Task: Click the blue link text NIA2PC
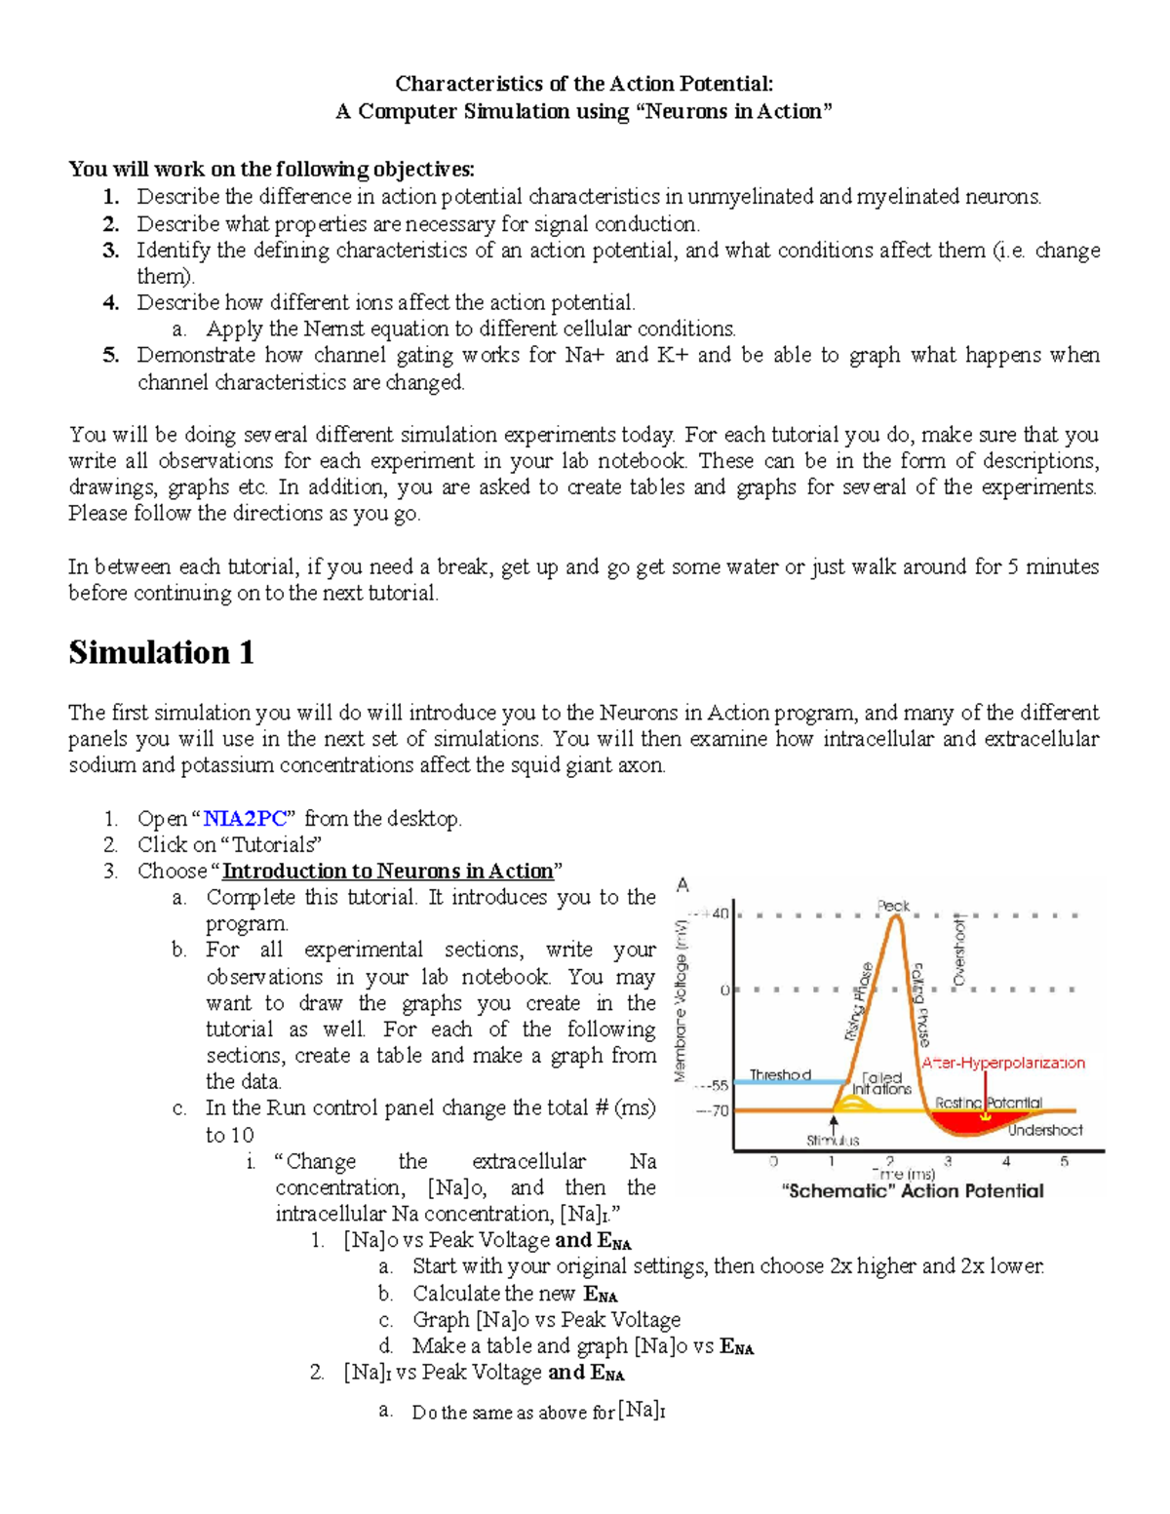[x=244, y=819]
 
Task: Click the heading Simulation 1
[x=161, y=652]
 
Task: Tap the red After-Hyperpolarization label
[x=1003, y=1063]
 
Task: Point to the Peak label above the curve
[x=893, y=906]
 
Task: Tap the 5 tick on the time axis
[x=1064, y=1161]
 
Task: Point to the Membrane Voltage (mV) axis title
[x=682, y=999]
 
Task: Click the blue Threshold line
[x=780, y=1082]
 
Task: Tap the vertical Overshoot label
[x=959, y=951]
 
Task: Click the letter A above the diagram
[x=682, y=885]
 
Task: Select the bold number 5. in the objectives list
[x=111, y=355]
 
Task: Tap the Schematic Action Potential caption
[x=913, y=1191]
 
